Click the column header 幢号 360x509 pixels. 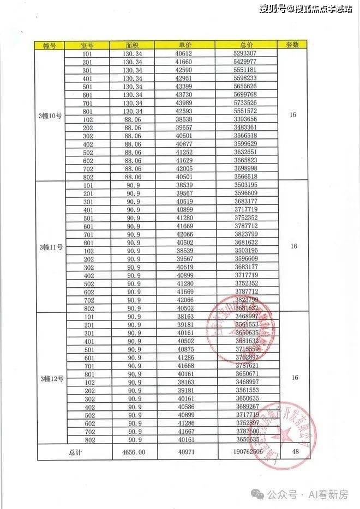coord(51,46)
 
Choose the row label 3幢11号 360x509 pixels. coord(51,246)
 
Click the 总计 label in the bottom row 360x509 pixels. coord(75,452)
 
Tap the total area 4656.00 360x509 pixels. coord(133,452)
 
